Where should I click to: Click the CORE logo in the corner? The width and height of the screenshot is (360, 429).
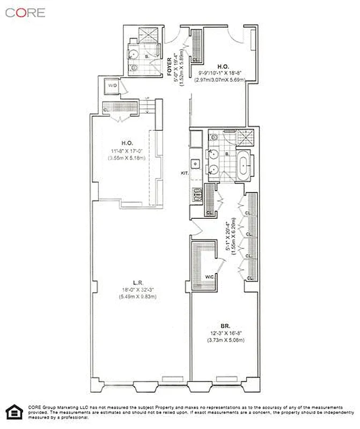[x=25, y=12]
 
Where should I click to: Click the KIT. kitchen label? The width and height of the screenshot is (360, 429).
[x=185, y=173]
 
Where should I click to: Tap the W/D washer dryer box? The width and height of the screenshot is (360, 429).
[x=113, y=86]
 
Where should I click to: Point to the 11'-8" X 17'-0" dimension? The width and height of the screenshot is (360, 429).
[x=127, y=152]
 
